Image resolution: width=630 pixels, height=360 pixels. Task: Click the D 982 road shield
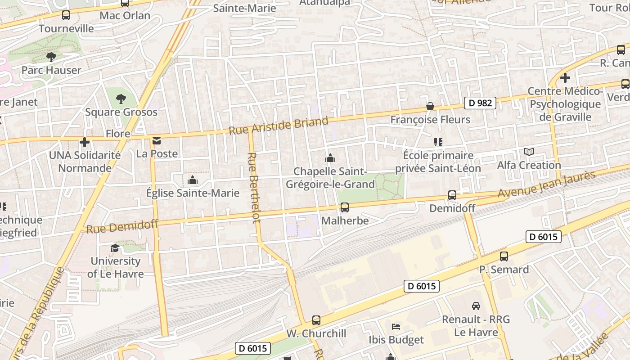tap(480, 103)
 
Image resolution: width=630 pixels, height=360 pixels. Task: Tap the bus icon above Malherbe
tap(345, 207)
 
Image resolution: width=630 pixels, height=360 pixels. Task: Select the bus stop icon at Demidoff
tap(452, 195)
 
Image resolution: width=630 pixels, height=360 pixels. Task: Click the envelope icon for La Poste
tap(157, 141)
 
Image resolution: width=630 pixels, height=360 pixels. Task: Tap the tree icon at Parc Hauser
tap(51, 57)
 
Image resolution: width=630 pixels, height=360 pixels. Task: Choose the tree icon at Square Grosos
tap(121, 99)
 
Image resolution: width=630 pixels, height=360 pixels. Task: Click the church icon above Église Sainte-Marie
tap(193, 180)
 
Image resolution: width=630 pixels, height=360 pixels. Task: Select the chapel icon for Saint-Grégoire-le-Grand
tap(330, 158)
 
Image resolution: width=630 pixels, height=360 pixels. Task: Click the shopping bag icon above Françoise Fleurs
tap(430, 106)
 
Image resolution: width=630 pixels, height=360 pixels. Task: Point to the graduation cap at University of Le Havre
tap(115, 248)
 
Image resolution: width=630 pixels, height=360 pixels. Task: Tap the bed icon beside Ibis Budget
tap(396, 326)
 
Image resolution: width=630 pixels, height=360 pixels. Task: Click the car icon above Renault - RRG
tap(476, 306)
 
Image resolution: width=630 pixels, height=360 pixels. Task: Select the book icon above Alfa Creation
tap(529, 152)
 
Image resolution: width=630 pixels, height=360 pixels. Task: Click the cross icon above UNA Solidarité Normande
tap(85, 142)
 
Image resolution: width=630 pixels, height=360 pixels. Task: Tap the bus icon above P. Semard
tap(504, 256)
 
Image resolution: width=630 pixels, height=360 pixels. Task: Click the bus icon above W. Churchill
tap(316, 320)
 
